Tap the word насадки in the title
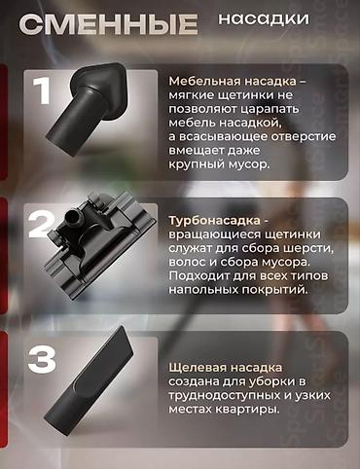(x=265, y=18)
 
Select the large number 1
(x=42, y=91)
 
